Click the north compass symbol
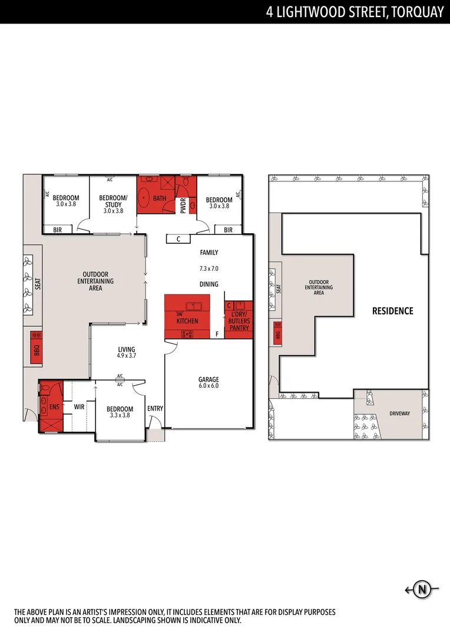[x=422, y=589]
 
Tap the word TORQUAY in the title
[x=415, y=12]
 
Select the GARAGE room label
[x=209, y=379]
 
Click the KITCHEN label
[x=187, y=321]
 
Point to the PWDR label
[x=183, y=205]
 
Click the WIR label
[x=80, y=406]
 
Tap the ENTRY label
[x=155, y=409]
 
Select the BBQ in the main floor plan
[x=35, y=347]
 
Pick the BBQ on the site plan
[x=277, y=335]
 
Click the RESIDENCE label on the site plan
[x=392, y=311]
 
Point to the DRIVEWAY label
[x=400, y=414]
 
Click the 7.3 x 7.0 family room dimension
[x=209, y=269]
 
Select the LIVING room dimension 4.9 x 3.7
[x=126, y=356]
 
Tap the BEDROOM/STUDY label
[x=113, y=201]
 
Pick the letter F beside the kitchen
[x=217, y=334]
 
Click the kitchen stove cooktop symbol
[x=187, y=334]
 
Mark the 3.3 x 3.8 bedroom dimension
[x=120, y=415]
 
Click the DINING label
[x=209, y=284]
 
